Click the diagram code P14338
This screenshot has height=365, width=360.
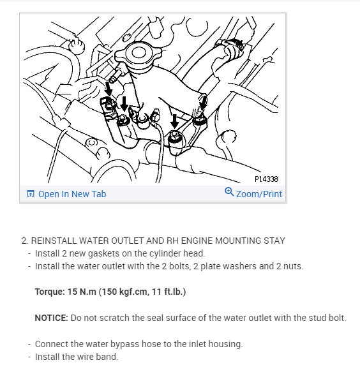(x=267, y=179)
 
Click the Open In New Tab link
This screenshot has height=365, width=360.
(x=71, y=194)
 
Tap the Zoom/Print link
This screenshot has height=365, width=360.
(x=259, y=194)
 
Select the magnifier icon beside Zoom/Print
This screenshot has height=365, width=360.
(x=230, y=193)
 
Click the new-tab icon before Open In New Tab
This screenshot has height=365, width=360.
(x=30, y=194)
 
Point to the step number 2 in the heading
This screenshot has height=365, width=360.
(x=24, y=241)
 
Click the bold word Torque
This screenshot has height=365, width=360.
(x=49, y=292)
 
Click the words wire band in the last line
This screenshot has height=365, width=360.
(x=98, y=356)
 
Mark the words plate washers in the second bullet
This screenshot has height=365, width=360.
(x=214, y=266)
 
